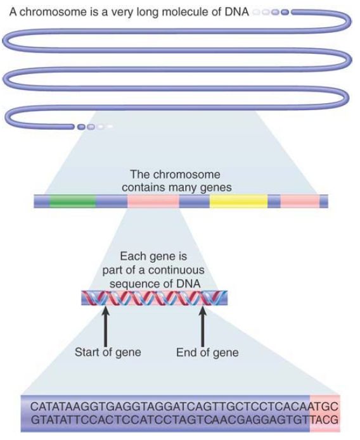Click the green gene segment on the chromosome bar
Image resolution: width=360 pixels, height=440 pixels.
(x=73, y=201)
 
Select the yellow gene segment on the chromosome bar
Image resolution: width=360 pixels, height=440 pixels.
(x=238, y=201)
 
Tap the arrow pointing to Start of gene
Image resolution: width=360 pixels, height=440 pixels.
(x=106, y=326)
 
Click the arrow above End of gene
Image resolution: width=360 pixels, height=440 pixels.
(x=202, y=326)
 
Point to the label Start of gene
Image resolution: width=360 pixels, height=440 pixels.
(x=108, y=352)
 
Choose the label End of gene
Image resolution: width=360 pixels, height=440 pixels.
(x=207, y=353)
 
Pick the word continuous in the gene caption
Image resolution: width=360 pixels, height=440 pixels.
(x=176, y=270)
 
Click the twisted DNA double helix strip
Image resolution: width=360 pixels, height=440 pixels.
(x=154, y=298)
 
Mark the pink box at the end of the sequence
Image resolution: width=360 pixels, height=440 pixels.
(x=325, y=413)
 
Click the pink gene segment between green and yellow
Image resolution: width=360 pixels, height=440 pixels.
(x=153, y=201)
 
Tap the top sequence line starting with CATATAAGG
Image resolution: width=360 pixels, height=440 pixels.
(x=184, y=406)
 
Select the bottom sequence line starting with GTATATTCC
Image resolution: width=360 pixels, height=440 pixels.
(x=184, y=420)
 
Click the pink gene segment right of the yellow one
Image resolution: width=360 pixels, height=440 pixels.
(x=300, y=201)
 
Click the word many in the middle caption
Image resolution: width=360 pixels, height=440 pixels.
(x=183, y=188)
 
